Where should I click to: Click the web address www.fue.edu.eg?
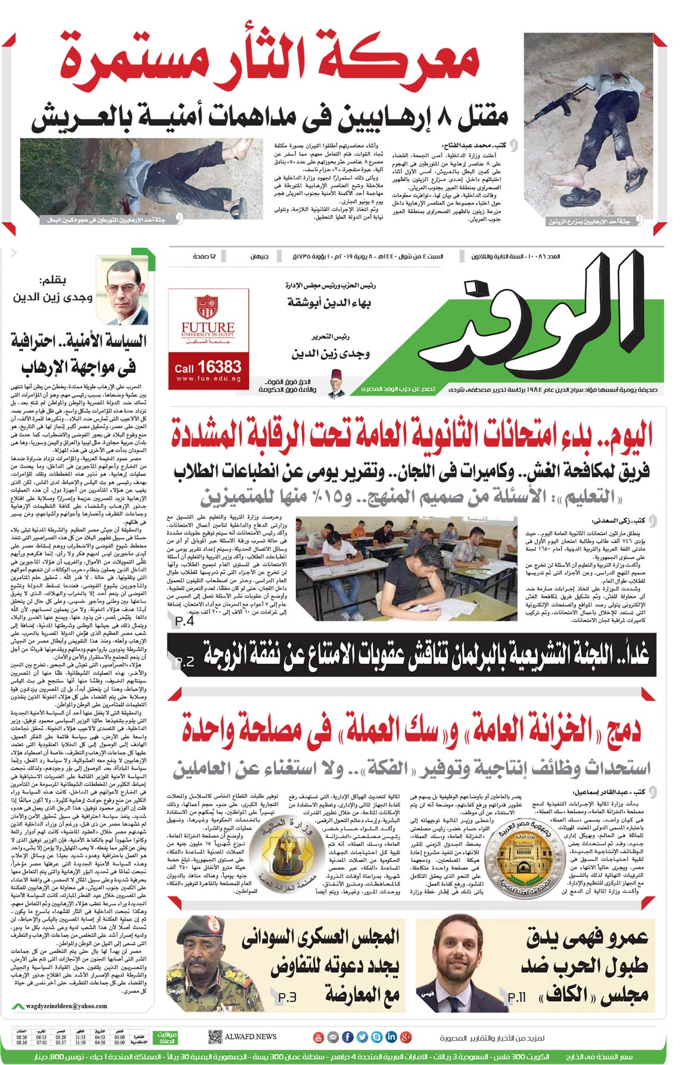pyautogui.click(x=208, y=379)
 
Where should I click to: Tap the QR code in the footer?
pyautogui.click(x=215, y=1037)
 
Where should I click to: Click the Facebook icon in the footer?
pyautogui.click(x=348, y=1037)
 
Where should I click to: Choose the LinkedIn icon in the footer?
pyautogui.click(x=391, y=1037)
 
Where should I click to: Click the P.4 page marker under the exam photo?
pyautogui.click(x=185, y=621)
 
